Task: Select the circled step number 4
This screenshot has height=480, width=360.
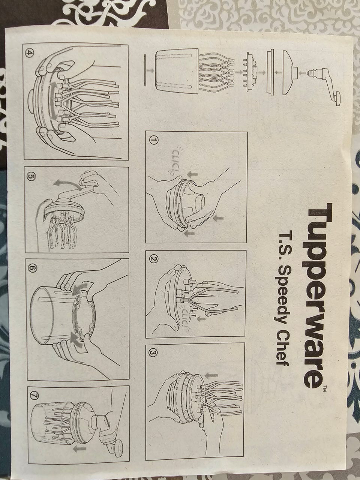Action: [29, 52]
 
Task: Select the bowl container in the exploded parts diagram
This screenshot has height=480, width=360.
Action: [177, 72]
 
